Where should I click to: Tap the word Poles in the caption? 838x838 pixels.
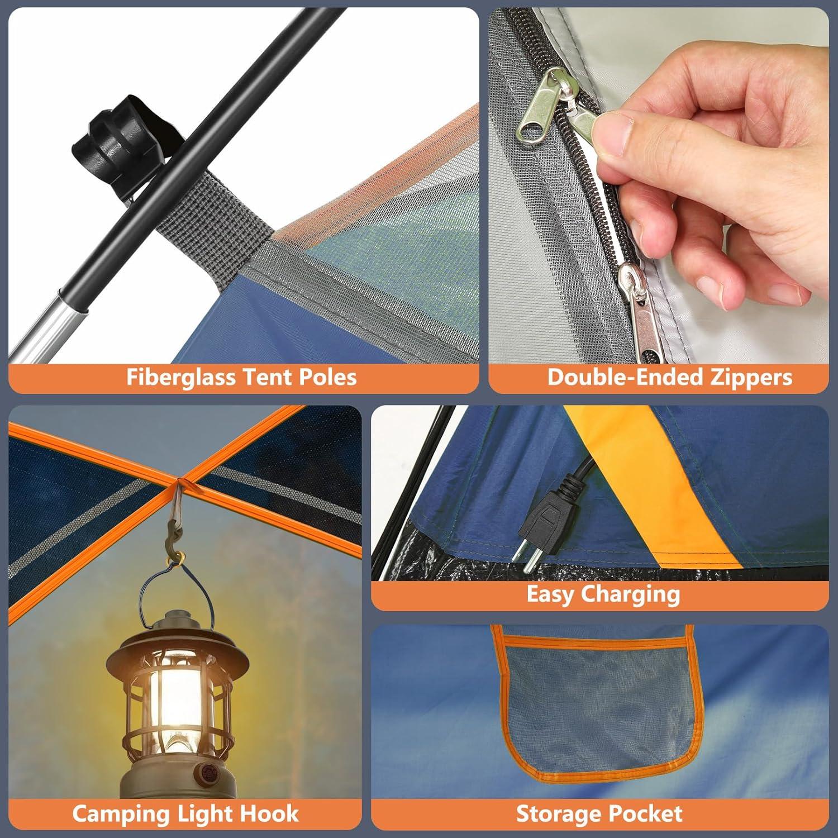pyautogui.click(x=327, y=377)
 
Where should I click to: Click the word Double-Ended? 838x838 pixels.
pyautogui.click(x=625, y=377)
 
